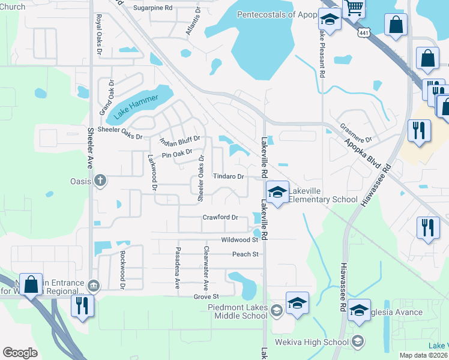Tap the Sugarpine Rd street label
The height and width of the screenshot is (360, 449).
152,8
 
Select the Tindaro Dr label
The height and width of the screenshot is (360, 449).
229,176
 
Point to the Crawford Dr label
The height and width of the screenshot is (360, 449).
221,217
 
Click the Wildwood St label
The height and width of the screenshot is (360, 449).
240,239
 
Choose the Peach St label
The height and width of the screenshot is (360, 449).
246,254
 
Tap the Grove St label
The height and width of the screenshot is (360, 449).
206,296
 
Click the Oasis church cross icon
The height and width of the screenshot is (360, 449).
101,180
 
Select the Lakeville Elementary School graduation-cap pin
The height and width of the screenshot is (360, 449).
278,192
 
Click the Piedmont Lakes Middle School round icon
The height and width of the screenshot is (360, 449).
276,310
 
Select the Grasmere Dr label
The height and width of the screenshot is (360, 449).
357,133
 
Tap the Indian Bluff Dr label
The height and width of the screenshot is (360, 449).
179,142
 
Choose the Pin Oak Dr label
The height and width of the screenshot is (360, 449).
178,154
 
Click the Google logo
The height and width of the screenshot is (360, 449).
20,353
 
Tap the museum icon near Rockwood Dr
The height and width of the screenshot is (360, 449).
94,285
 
